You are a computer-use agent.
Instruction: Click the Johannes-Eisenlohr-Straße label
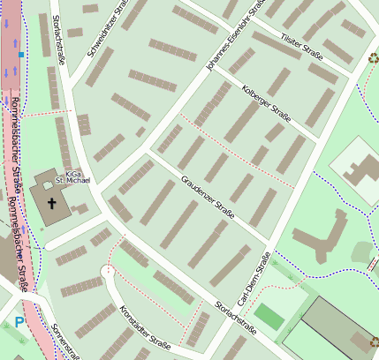point(235,39)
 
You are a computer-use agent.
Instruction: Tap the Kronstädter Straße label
point(144,327)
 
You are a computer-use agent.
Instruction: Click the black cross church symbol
point(51,205)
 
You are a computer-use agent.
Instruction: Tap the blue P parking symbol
point(19,324)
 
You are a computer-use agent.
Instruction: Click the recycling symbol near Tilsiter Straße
point(373,60)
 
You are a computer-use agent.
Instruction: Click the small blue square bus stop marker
point(21,55)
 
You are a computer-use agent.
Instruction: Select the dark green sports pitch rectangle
point(269,317)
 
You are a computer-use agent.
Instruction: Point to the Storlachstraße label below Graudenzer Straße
point(235,319)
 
